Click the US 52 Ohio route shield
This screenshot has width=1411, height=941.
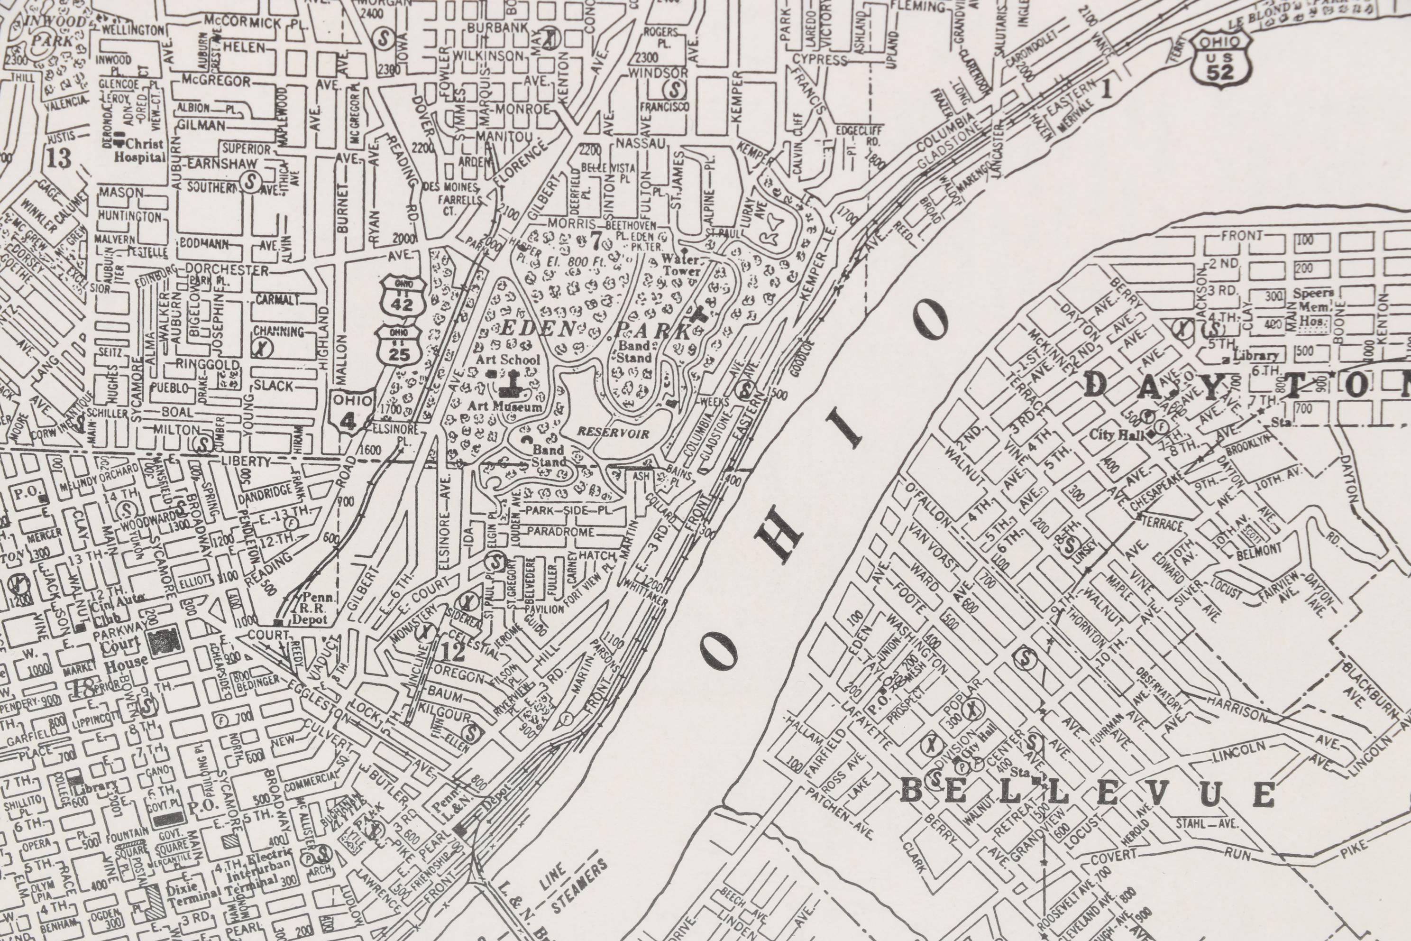point(1221,58)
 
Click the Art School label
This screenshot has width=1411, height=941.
point(507,360)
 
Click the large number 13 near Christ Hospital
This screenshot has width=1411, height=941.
point(59,158)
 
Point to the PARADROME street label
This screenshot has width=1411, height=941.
point(560,532)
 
